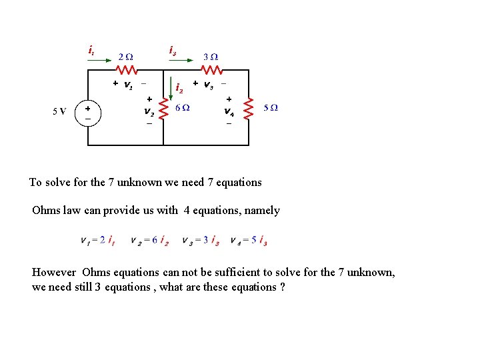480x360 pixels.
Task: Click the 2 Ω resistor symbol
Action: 127,69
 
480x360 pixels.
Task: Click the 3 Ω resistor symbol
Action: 212,69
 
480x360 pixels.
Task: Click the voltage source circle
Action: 87,111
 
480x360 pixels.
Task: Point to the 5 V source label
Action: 59,111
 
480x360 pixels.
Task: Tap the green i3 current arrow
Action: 185,61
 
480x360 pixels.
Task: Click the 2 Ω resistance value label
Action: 125,55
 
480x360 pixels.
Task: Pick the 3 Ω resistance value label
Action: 211,55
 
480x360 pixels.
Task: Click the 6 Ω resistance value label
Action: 182,108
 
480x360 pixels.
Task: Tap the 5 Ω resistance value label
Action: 271,108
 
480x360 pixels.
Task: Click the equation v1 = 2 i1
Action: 97,240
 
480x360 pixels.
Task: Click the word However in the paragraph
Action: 55,273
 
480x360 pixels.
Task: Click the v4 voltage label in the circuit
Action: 228,111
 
